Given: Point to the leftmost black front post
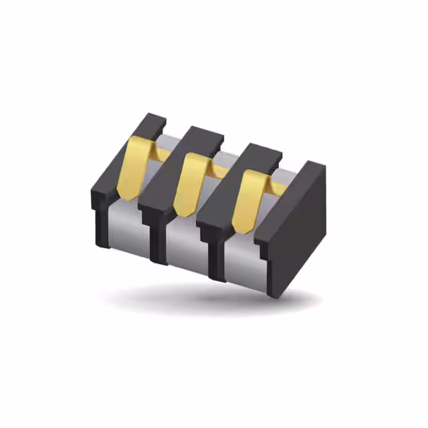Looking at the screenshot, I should [x=102, y=224].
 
